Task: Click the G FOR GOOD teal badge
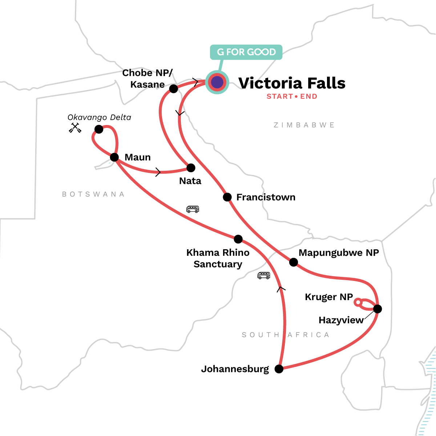coord(246,52)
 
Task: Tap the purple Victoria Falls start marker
coord(217,82)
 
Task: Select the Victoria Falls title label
coord(292,83)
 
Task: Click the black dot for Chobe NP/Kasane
coord(174,89)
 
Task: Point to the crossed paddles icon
coord(75,128)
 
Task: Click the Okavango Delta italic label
coord(99,117)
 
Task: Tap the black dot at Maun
coord(114,157)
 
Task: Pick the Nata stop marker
coord(191,168)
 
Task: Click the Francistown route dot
coord(227,197)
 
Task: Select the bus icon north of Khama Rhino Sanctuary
coord(193,209)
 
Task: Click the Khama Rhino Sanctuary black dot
coord(238,239)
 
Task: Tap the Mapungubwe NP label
coord(339,253)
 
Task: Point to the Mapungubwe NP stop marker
coord(294,262)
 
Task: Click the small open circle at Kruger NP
coord(358,302)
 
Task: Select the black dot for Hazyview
coord(378,309)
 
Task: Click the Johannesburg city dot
coord(279,369)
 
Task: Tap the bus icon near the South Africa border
coord(264,275)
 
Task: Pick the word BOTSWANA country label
coord(93,194)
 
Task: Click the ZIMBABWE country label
coord(304,125)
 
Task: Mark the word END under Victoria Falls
coord(308,96)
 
